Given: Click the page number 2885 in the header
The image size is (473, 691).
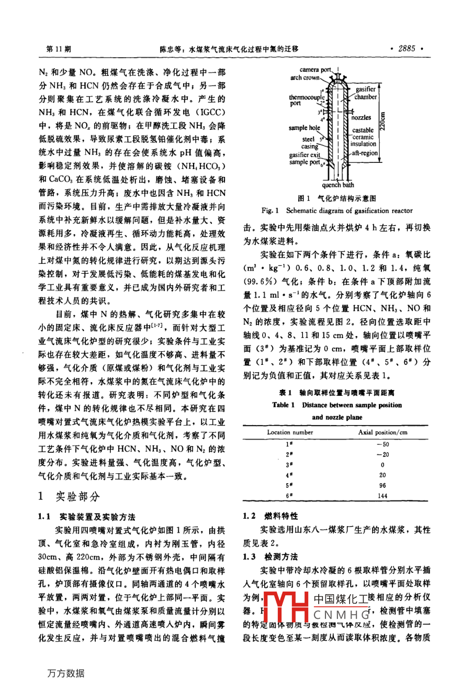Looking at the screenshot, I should click(406, 49).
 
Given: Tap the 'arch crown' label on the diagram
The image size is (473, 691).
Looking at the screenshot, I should click(305, 77).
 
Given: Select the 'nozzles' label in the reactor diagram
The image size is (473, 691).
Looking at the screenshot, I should click(361, 118).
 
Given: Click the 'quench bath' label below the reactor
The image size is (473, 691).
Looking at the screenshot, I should click(337, 185).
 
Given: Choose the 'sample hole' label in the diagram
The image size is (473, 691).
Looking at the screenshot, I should click(304, 128).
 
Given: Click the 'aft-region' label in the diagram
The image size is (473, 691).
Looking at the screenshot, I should click(364, 153).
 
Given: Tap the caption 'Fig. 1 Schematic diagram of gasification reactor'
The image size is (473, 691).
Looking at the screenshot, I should click(337, 211).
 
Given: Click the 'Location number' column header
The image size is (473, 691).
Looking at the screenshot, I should click(290, 432).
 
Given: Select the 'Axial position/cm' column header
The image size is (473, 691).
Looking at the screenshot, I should click(382, 432).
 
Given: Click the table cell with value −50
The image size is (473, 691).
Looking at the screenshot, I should click(382, 444).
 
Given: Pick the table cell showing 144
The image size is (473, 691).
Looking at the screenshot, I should click(382, 496).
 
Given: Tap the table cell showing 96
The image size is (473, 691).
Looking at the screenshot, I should click(382, 485).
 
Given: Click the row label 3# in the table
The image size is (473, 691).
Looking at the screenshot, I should click(289, 465).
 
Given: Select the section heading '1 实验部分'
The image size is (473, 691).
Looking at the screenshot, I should click(69, 496).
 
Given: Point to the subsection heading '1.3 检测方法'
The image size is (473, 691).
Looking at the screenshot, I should click(271, 556).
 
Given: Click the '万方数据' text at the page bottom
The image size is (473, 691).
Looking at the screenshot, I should click(65, 673).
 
